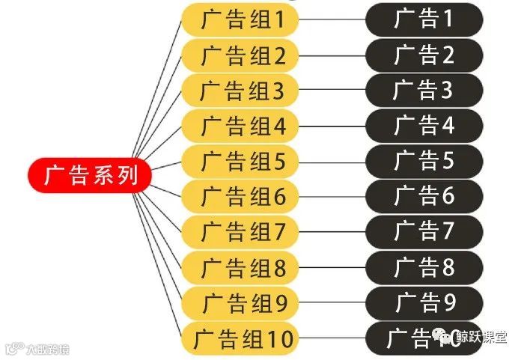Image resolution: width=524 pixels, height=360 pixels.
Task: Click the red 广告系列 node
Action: coord(90,176)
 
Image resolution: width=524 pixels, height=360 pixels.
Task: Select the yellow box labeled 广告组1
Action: coord(240,19)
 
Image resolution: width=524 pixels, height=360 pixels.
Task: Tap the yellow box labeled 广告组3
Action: coord(240,91)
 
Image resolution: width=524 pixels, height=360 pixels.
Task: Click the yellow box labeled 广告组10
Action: coord(240,338)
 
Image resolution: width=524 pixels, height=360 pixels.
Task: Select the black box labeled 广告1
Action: coord(424,19)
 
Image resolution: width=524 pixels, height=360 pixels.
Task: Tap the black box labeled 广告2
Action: coord(424,55)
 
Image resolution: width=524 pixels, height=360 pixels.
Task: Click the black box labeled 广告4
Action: coord(424,126)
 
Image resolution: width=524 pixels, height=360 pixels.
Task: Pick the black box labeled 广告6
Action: coord(424,196)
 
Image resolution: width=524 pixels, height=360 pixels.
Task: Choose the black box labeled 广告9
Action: coord(424,302)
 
